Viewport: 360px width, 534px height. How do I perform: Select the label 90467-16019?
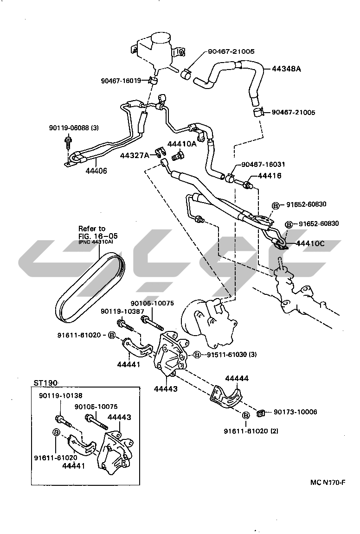pos(121,81)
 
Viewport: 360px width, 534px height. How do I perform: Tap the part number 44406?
pos(96,171)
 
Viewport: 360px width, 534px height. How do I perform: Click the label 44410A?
pos(182,144)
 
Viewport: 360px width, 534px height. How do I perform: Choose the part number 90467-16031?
pos(263,164)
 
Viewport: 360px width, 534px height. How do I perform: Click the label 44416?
pos(270,176)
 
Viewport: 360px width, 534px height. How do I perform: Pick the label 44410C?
pos(310,243)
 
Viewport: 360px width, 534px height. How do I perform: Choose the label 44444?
pos(237,378)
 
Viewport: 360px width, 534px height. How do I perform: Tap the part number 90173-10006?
pos(295,412)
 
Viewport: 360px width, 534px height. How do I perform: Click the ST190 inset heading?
pos(45,383)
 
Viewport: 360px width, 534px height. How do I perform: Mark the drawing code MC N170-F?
pos(328,483)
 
